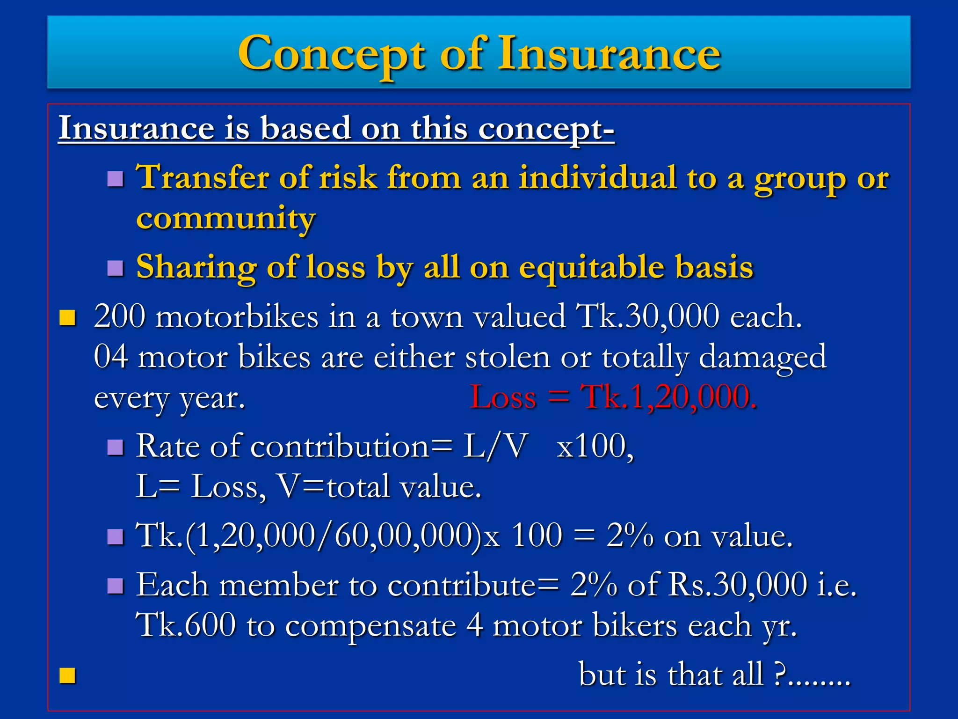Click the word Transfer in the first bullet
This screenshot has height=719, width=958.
pos(202,178)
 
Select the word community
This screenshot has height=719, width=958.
pos(225,218)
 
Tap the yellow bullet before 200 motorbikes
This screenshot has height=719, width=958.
pos(68,317)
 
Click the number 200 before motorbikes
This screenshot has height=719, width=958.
pos(120,316)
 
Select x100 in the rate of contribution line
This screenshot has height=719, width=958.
pos(594,446)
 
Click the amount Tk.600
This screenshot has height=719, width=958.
pos(185,625)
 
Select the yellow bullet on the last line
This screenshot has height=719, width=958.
pos(68,675)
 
